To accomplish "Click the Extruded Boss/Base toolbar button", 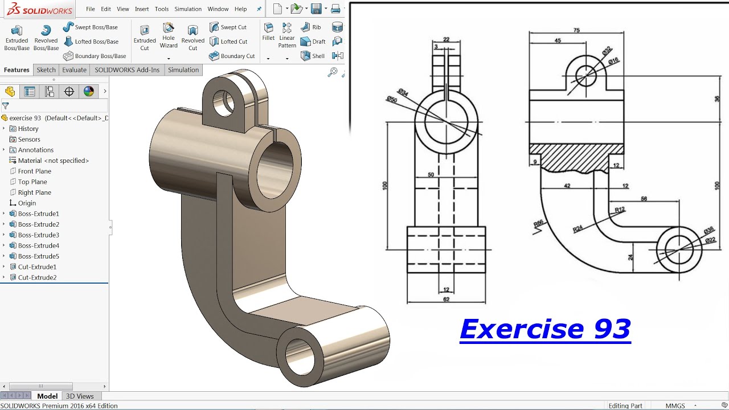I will tap(17, 38).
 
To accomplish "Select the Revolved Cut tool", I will tap(193, 38).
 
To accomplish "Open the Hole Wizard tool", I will tap(169, 35).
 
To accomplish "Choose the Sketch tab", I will tap(46, 70).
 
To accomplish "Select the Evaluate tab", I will tap(75, 70).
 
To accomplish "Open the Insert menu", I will tap(142, 9).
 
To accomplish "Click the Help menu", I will tap(241, 9).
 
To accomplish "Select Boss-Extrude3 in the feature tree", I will tap(38, 235).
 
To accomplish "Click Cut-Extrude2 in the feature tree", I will tap(37, 278).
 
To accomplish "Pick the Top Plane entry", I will tap(32, 182).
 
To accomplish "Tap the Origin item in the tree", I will tap(27, 203).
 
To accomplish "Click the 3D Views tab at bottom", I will tap(80, 396).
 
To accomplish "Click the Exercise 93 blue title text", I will tap(545, 329).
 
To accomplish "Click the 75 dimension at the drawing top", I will tap(576, 31).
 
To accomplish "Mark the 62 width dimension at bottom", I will tap(446, 298).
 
